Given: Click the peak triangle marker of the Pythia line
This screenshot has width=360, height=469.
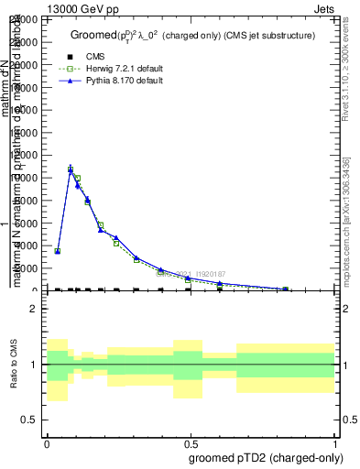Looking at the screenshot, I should click(71, 170).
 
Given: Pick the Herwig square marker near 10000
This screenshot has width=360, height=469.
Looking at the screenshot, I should click(78, 178).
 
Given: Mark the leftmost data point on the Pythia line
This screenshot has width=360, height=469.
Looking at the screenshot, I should click(58, 250).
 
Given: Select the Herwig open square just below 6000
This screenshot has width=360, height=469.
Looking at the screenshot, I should click(101, 225).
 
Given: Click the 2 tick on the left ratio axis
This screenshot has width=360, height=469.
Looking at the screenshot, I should click(36, 310).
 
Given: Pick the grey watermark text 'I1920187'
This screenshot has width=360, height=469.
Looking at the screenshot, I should click(207, 272).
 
